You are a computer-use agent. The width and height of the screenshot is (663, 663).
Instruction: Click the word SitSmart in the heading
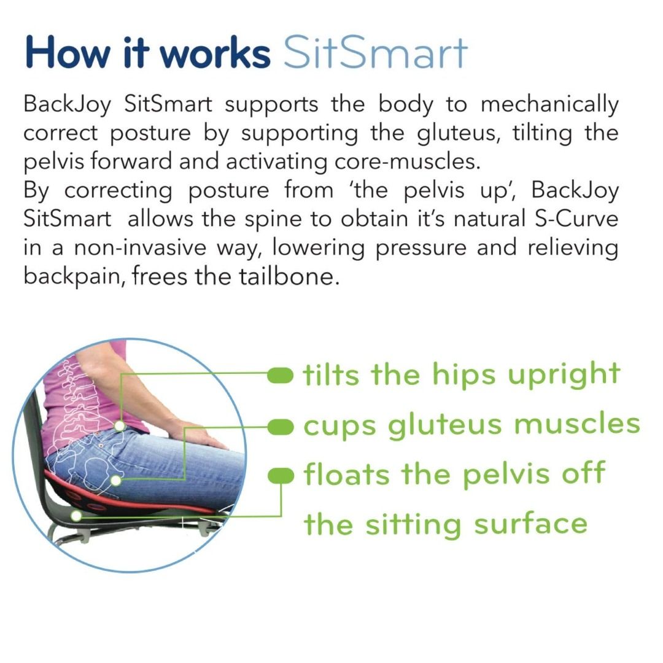pos(375,53)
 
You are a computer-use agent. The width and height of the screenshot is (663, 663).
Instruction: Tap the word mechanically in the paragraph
pos(550,105)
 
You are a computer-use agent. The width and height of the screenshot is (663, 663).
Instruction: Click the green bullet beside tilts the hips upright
pos(282,374)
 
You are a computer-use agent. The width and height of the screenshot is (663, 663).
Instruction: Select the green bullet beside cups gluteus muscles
pos(282,425)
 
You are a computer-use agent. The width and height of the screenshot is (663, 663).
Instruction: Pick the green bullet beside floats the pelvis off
pos(282,475)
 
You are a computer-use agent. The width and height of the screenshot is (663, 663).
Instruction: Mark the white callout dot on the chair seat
pos(76,516)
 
